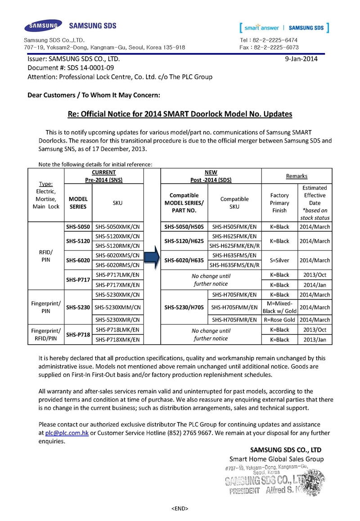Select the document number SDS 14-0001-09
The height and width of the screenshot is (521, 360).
click(88, 67)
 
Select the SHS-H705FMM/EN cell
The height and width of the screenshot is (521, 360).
click(234, 307)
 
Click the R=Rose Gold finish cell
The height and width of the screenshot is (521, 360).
click(279, 320)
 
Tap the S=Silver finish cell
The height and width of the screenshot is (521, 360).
click(279, 260)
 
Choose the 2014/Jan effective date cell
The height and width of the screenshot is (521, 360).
click(315, 285)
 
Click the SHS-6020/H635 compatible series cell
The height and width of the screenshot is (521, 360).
click(184, 260)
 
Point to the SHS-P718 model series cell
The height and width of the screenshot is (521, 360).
click(78, 335)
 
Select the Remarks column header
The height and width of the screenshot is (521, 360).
click(297, 176)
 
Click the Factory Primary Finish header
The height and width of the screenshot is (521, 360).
click(279, 203)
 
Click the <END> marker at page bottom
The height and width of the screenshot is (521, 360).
click(180, 508)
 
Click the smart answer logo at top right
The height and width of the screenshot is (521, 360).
click(284, 28)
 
